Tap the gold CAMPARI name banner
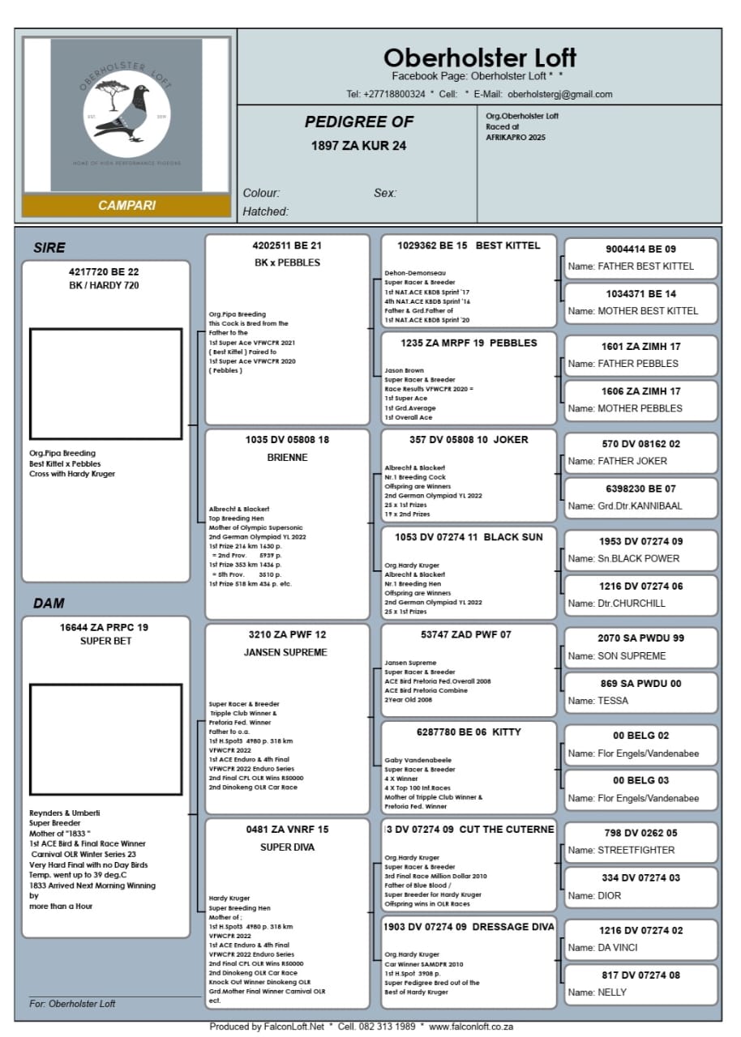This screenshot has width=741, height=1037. tap(126, 206)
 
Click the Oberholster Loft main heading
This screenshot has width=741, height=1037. tap(479, 58)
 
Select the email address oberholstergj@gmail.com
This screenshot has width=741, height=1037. tap(560, 94)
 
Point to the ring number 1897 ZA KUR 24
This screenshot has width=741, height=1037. tap(358, 146)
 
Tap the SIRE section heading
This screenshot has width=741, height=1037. tap(49, 248)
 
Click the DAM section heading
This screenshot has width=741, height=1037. tap(49, 604)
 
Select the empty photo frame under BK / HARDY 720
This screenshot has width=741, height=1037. tap(105, 383)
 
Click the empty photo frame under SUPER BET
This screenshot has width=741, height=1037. tap(105, 739)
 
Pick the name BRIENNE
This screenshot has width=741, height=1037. tap(288, 458)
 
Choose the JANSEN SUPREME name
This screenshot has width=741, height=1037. tap(287, 652)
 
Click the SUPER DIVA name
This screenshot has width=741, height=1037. tap(287, 847)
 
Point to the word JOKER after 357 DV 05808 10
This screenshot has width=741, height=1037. tap(511, 440)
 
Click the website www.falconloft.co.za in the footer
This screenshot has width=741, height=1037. tap(471, 1026)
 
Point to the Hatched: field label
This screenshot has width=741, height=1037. tap(266, 211)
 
